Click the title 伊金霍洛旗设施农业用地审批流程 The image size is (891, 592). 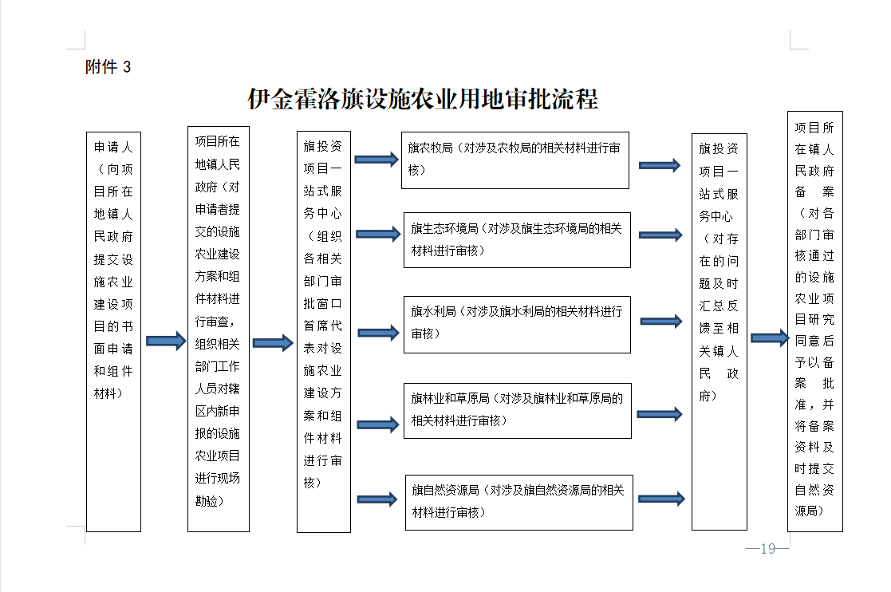423,99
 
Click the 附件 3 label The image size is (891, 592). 108,67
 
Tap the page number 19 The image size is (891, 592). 767,548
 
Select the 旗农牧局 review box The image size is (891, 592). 514,160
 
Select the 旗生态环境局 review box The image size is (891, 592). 517,240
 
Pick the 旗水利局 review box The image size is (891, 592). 517,325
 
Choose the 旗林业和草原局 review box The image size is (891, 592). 517,411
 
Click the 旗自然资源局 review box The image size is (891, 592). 518,502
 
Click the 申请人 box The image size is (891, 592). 113,332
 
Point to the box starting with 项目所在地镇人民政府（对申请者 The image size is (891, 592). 219,329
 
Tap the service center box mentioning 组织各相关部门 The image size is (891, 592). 323,332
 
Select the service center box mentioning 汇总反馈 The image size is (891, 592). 719,332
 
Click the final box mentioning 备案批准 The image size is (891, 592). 815,322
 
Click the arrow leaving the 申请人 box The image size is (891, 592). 166,341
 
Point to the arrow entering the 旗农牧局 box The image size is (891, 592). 377,159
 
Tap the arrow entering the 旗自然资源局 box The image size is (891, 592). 377,500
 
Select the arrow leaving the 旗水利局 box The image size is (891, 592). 660,321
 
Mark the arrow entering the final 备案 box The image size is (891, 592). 770,338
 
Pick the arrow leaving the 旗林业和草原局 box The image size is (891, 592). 659,414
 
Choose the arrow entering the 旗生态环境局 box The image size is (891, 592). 378,234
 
